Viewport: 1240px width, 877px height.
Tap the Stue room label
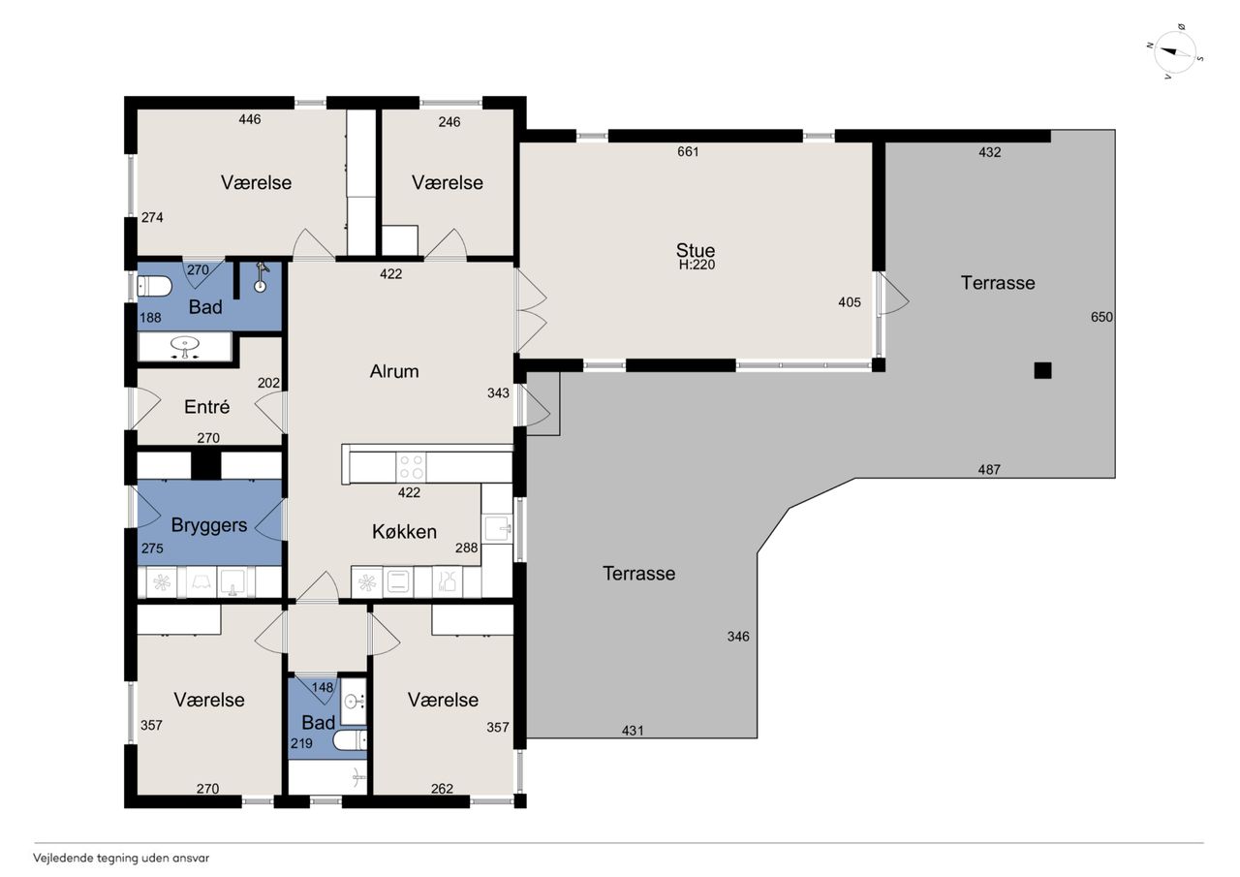tap(696, 250)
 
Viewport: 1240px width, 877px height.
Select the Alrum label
tap(394, 371)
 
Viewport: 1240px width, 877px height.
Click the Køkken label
tap(404, 531)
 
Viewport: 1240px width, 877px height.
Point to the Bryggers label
tap(209, 525)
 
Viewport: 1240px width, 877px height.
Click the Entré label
tap(206, 407)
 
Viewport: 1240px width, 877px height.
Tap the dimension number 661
tap(688, 152)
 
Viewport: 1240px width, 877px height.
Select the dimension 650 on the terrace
tap(1101, 317)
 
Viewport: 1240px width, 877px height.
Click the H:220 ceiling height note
tap(697, 265)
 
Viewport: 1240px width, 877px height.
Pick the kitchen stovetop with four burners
tap(412, 467)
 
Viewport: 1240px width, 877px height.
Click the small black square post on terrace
tap(1043, 370)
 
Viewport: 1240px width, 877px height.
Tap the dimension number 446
tap(250, 119)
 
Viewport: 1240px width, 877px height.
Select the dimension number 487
tap(989, 469)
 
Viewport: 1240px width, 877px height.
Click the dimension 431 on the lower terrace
tap(633, 731)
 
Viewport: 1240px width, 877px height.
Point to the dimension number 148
tap(323, 688)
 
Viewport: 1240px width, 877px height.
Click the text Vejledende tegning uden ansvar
tap(121, 859)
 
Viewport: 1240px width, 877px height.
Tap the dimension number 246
tap(449, 122)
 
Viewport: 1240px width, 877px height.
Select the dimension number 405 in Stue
tap(850, 302)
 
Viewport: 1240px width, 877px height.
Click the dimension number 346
tap(738, 637)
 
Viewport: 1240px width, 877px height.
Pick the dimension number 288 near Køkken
tap(467, 548)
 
